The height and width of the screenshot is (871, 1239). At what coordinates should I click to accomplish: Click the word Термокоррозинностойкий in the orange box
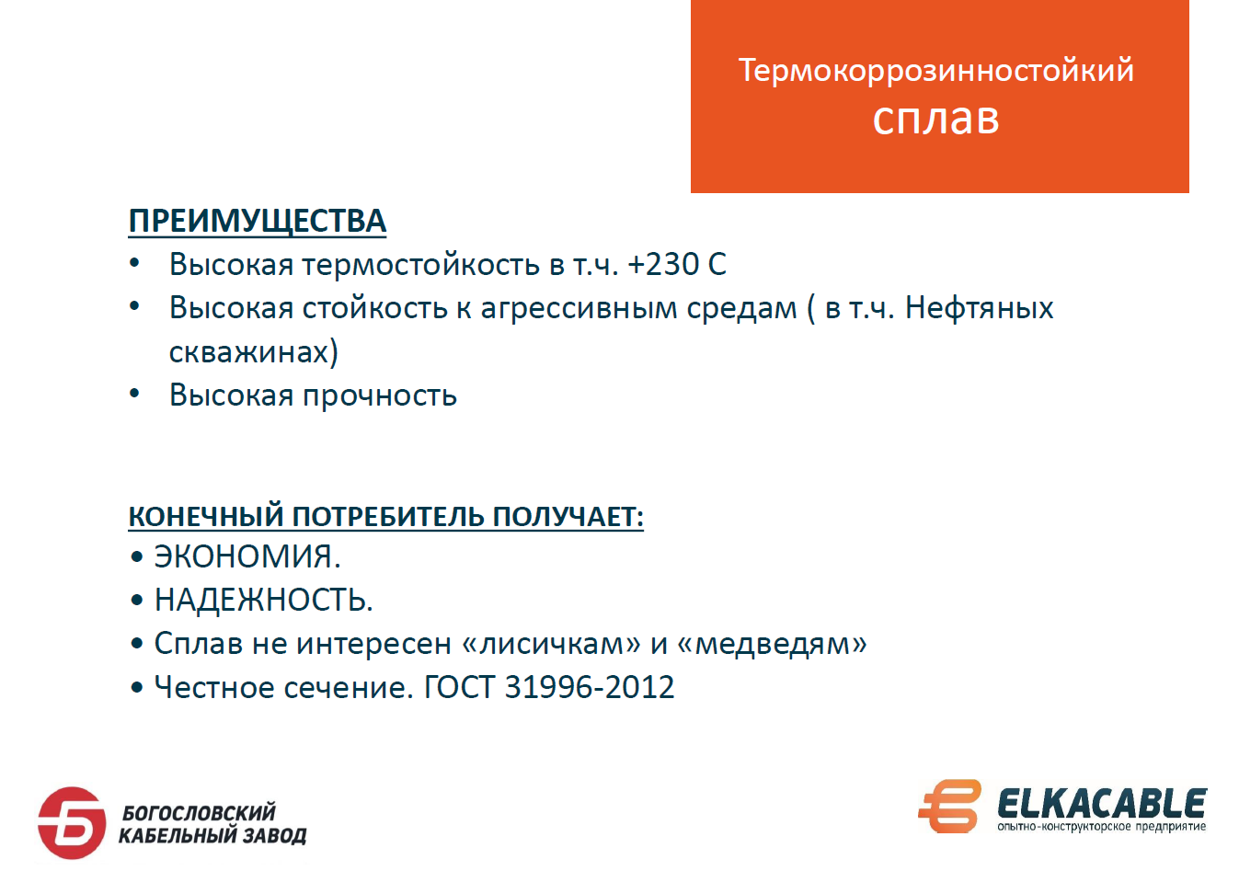coord(935,71)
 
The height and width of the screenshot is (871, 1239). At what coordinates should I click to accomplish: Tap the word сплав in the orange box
coord(935,119)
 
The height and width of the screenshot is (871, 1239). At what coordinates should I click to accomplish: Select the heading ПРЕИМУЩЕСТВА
coord(258,222)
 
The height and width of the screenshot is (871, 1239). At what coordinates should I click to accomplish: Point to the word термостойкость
coord(421,265)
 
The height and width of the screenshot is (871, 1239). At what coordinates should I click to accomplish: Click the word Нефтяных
coord(979,308)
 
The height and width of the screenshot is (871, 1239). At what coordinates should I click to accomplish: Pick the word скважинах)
coord(253,351)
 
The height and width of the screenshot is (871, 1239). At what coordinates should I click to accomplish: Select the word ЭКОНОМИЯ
coord(247,556)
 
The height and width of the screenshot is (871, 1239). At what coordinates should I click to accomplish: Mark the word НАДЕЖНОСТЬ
coord(263,600)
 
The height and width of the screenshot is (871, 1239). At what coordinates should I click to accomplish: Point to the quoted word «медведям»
coord(772,645)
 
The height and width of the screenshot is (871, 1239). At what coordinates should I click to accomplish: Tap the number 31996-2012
coord(590,687)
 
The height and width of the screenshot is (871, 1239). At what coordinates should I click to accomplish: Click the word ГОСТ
coord(459,687)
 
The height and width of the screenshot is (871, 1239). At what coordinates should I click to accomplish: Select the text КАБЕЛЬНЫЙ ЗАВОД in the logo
coord(213,836)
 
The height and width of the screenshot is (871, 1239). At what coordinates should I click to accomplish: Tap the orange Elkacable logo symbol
coord(949,806)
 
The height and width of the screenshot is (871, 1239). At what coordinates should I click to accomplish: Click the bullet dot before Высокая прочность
coord(134,395)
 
